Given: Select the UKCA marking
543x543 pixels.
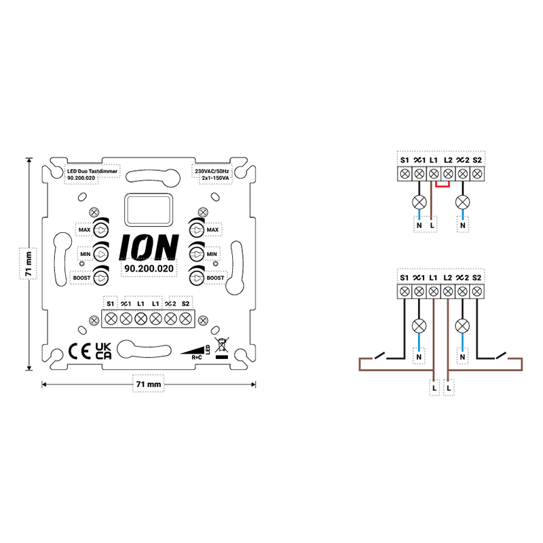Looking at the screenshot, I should click(x=103, y=351).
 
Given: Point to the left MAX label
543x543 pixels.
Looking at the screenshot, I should click(x=85, y=231).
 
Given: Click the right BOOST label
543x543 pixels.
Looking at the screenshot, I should click(x=215, y=278).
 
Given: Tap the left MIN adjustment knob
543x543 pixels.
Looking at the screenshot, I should click(x=100, y=255).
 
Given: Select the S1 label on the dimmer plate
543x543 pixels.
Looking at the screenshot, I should click(x=111, y=303).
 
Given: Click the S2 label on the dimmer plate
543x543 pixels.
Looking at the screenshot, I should click(x=185, y=303).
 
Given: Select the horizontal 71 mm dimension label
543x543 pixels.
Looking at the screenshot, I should click(x=148, y=384).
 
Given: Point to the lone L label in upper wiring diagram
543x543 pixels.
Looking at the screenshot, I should click(x=432, y=225).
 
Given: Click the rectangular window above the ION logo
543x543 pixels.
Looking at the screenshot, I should click(x=147, y=210).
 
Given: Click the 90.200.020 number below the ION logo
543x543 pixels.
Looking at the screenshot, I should click(x=148, y=269).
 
